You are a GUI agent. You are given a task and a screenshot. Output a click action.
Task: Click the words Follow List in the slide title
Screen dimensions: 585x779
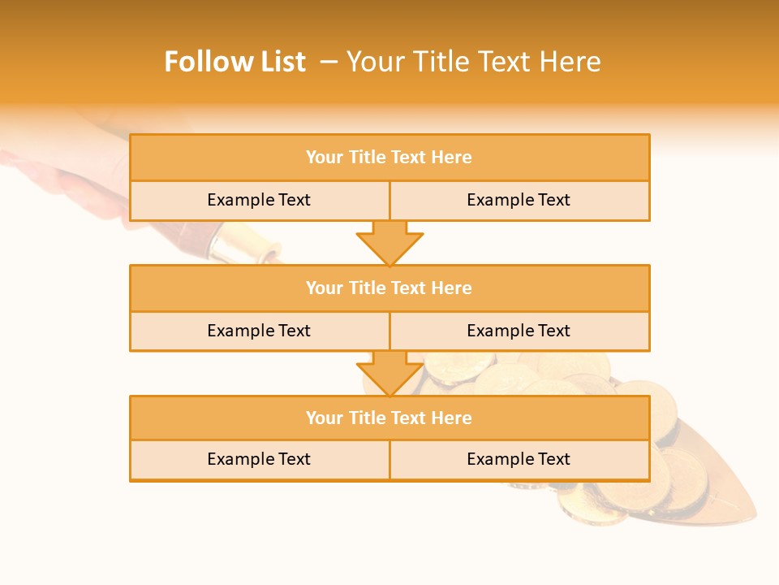point(235,62)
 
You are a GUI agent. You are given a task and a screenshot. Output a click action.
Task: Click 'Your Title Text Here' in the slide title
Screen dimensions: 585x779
point(473,62)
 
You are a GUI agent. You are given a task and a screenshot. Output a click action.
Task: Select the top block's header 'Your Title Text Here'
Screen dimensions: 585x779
point(389,158)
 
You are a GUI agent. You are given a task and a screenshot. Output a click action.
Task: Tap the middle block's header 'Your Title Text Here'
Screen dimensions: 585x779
point(389,288)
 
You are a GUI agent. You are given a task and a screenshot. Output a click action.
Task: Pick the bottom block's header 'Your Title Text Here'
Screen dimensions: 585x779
point(389,418)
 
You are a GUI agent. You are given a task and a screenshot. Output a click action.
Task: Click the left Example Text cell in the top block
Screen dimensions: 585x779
point(259,201)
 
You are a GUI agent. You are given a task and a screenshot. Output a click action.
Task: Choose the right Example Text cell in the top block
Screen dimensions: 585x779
point(519,201)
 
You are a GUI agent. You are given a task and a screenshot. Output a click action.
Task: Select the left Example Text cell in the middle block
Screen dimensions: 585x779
point(259,331)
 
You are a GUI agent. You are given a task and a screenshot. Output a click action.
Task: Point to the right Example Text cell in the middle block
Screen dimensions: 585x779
point(519,331)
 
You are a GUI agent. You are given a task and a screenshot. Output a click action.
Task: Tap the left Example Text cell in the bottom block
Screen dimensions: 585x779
point(259,460)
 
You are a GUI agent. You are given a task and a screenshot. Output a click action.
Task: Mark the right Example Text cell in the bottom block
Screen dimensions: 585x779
point(519,460)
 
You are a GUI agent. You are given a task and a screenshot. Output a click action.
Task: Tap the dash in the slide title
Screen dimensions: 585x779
point(329,62)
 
